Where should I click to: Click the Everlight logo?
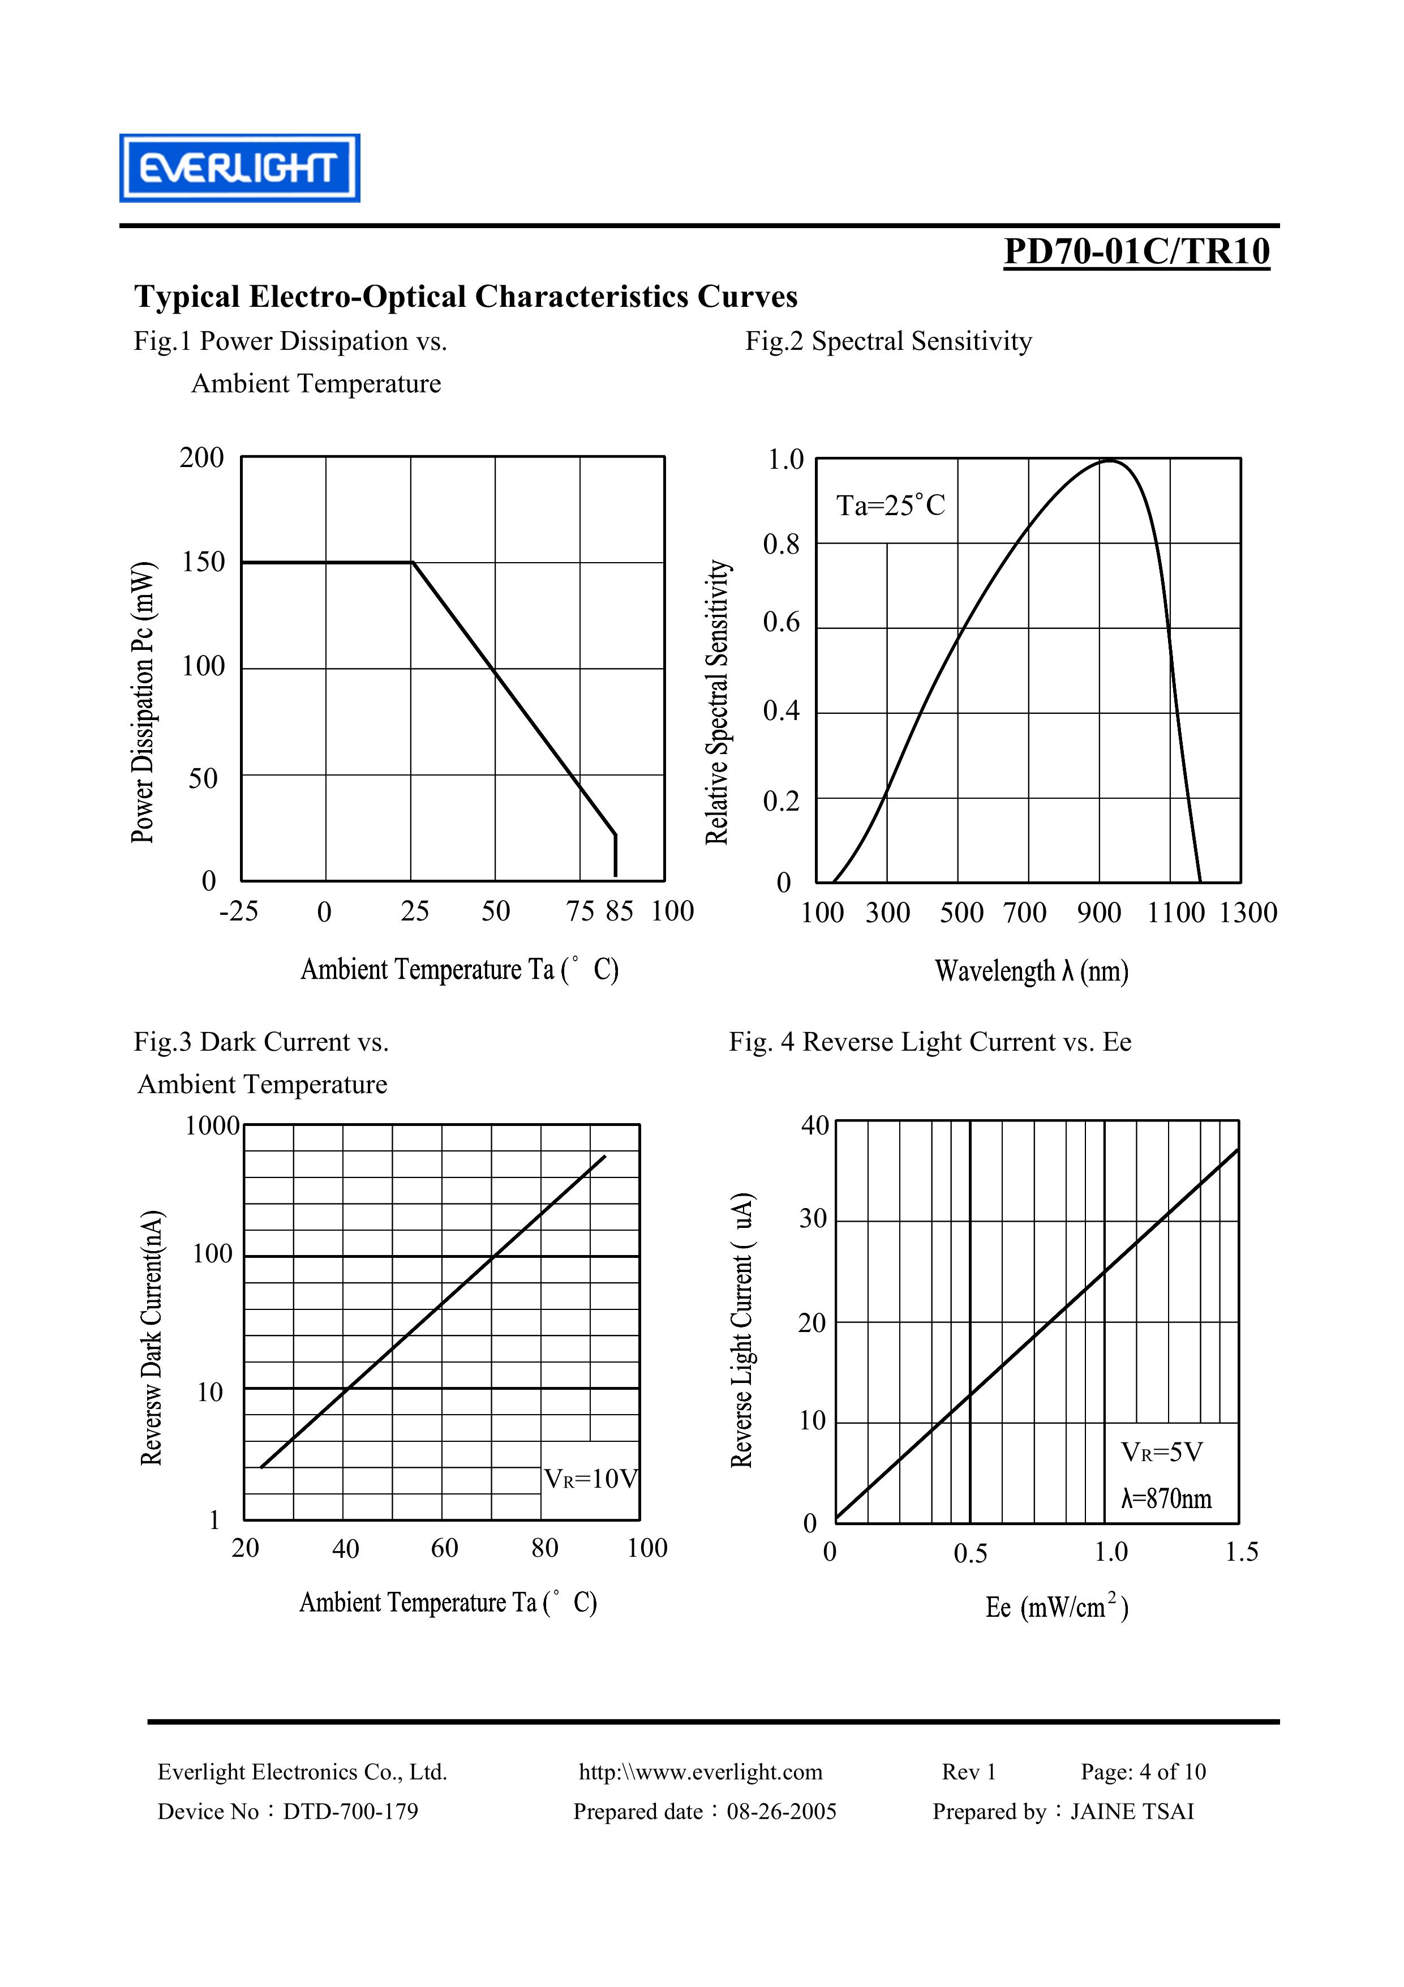click(x=239, y=168)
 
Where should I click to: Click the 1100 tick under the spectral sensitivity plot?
click(x=1175, y=912)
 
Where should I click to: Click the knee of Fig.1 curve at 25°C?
click(x=413, y=563)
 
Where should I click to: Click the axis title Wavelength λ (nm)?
click(x=1031, y=971)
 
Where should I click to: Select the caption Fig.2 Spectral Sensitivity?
click(x=888, y=341)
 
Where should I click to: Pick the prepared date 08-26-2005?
click(x=781, y=1812)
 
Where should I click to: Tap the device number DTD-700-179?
click(x=350, y=1812)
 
